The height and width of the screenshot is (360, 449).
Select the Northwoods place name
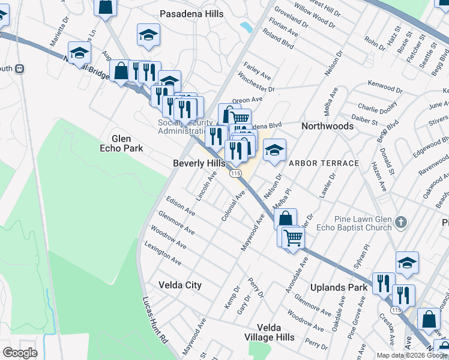(x=327, y=126)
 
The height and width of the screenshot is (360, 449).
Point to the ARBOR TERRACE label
(x=324, y=163)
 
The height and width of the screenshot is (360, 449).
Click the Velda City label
(x=179, y=285)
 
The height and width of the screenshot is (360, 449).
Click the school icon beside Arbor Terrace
(x=274, y=151)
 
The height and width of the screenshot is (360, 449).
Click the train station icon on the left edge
(x=20, y=68)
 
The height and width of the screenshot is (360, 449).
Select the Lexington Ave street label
(x=163, y=254)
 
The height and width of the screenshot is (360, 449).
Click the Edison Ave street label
(x=181, y=206)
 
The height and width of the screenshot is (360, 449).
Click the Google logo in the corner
(x=20, y=352)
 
